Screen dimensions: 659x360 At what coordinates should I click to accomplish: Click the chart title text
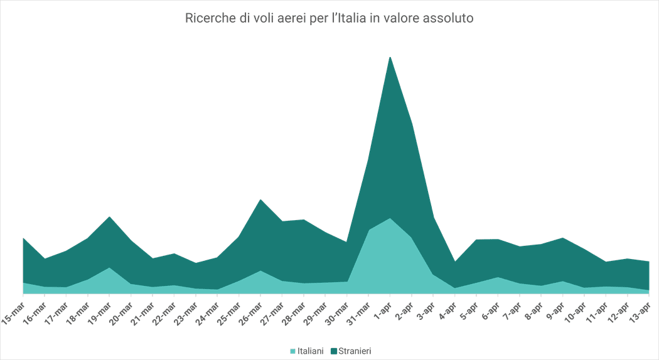[329, 18]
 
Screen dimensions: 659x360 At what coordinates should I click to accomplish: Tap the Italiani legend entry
[307, 351]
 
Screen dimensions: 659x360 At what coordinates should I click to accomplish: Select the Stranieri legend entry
[351, 351]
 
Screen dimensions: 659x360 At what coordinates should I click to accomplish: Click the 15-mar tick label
[13, 309]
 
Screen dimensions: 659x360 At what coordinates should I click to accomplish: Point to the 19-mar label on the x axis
[100, 309]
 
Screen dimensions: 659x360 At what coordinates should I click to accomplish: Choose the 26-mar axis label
[250, 309]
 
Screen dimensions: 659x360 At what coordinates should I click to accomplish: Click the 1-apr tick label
[382, 307]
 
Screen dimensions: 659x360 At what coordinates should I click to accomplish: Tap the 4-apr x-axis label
[447, 307]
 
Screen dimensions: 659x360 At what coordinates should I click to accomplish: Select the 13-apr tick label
[640, 309]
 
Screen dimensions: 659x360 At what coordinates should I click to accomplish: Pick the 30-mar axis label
[337, 309]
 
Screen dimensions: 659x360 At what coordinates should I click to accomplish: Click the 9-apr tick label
[555, 307]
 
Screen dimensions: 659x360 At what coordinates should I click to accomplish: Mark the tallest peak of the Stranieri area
[390, 56]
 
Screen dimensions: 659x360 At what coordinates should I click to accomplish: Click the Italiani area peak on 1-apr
[390, 218]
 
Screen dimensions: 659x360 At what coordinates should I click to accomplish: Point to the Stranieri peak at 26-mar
[260, 199]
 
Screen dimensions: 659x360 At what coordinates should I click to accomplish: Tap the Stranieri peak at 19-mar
[109, 217]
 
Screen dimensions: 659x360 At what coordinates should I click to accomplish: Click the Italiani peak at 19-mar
[109, 268]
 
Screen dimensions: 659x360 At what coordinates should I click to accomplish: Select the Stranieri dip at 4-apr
[455, 262]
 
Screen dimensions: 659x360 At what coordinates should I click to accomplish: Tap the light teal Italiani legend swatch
[293, 351]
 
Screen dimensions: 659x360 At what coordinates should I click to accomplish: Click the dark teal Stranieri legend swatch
[334, 351]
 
